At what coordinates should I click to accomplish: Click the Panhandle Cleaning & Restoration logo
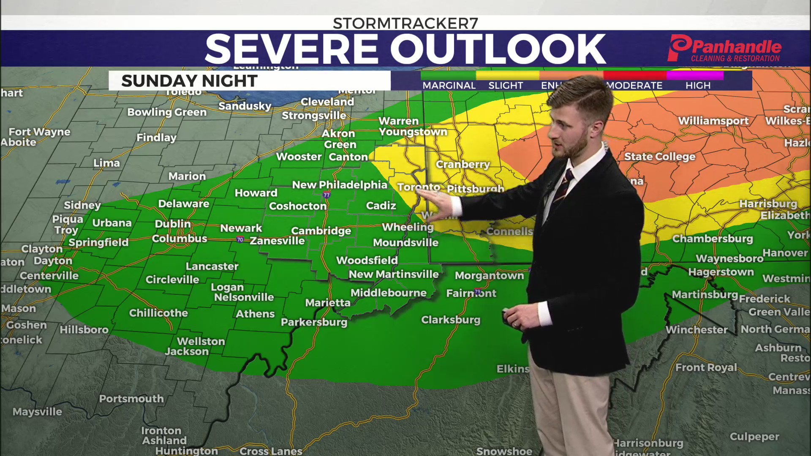[725, 49]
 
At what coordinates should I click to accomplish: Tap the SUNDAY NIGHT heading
[189, 81]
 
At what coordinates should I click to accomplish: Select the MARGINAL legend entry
[449, 85]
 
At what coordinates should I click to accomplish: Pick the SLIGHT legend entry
[506, 85]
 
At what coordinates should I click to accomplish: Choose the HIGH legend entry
[698, 85]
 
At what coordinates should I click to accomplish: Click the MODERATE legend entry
[634, 85]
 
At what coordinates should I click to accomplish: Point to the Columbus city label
[180, 239]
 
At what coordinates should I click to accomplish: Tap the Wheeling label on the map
[408, 227]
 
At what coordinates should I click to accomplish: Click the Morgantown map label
[489, 276]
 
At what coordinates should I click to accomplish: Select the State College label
[659, 157]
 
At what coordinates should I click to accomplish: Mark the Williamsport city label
[713, 121]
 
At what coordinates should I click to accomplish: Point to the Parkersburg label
[314, 322]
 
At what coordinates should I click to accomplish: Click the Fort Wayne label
[40, 132]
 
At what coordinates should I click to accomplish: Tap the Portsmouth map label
[131, 399]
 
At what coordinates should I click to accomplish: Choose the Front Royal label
[706, 368]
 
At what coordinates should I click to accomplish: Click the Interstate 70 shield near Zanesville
[240, 240]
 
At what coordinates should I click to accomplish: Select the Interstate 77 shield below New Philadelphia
[327, 195]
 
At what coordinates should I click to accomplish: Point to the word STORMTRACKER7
[405, 23]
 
